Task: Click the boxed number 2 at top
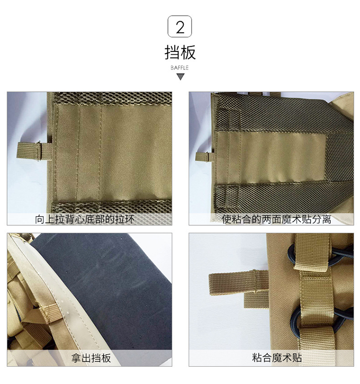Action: [180, 26]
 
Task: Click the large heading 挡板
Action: [180, 52]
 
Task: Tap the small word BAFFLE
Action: [180, 68]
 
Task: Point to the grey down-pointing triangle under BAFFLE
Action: [180, 77]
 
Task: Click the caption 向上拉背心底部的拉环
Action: [85, 219]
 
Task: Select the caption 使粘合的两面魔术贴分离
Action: [276, 219]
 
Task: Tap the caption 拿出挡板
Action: [91, 358]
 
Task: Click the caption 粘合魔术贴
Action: [277, 358]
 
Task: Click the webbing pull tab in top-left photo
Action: [34, 151]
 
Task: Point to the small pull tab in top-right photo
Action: [205, 156]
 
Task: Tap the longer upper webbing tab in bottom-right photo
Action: [238, 282]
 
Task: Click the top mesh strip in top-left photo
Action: [113, 98]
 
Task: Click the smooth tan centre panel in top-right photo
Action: [272, 158]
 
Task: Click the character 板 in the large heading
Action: [188, 52]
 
